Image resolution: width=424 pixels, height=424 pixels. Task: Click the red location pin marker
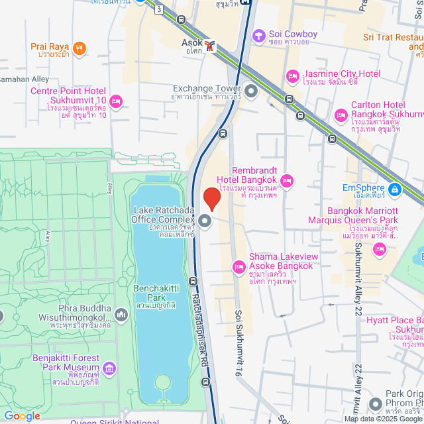coord(211,199)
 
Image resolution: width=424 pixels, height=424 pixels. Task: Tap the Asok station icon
coord(210,46)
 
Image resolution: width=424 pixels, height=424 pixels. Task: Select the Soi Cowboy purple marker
coord(258,34)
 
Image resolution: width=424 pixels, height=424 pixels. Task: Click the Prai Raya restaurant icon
coord(79,48)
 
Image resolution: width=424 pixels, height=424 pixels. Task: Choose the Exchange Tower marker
coord(251,89)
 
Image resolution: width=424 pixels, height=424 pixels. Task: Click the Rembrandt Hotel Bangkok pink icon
coord(287,180)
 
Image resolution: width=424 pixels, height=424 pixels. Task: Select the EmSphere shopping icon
coord(394,190)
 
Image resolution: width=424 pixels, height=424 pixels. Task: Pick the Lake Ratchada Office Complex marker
coord(205,221)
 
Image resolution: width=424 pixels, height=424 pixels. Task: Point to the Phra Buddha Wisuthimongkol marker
coord(121,314)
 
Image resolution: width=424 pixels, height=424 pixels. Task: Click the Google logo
coord(21,416)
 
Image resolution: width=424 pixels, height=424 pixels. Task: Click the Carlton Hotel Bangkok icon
coord(341,115)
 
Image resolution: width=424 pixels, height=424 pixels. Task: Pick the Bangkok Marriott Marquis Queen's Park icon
coord(380,249)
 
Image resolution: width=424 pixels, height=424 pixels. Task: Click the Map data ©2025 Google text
coord(382,418)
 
